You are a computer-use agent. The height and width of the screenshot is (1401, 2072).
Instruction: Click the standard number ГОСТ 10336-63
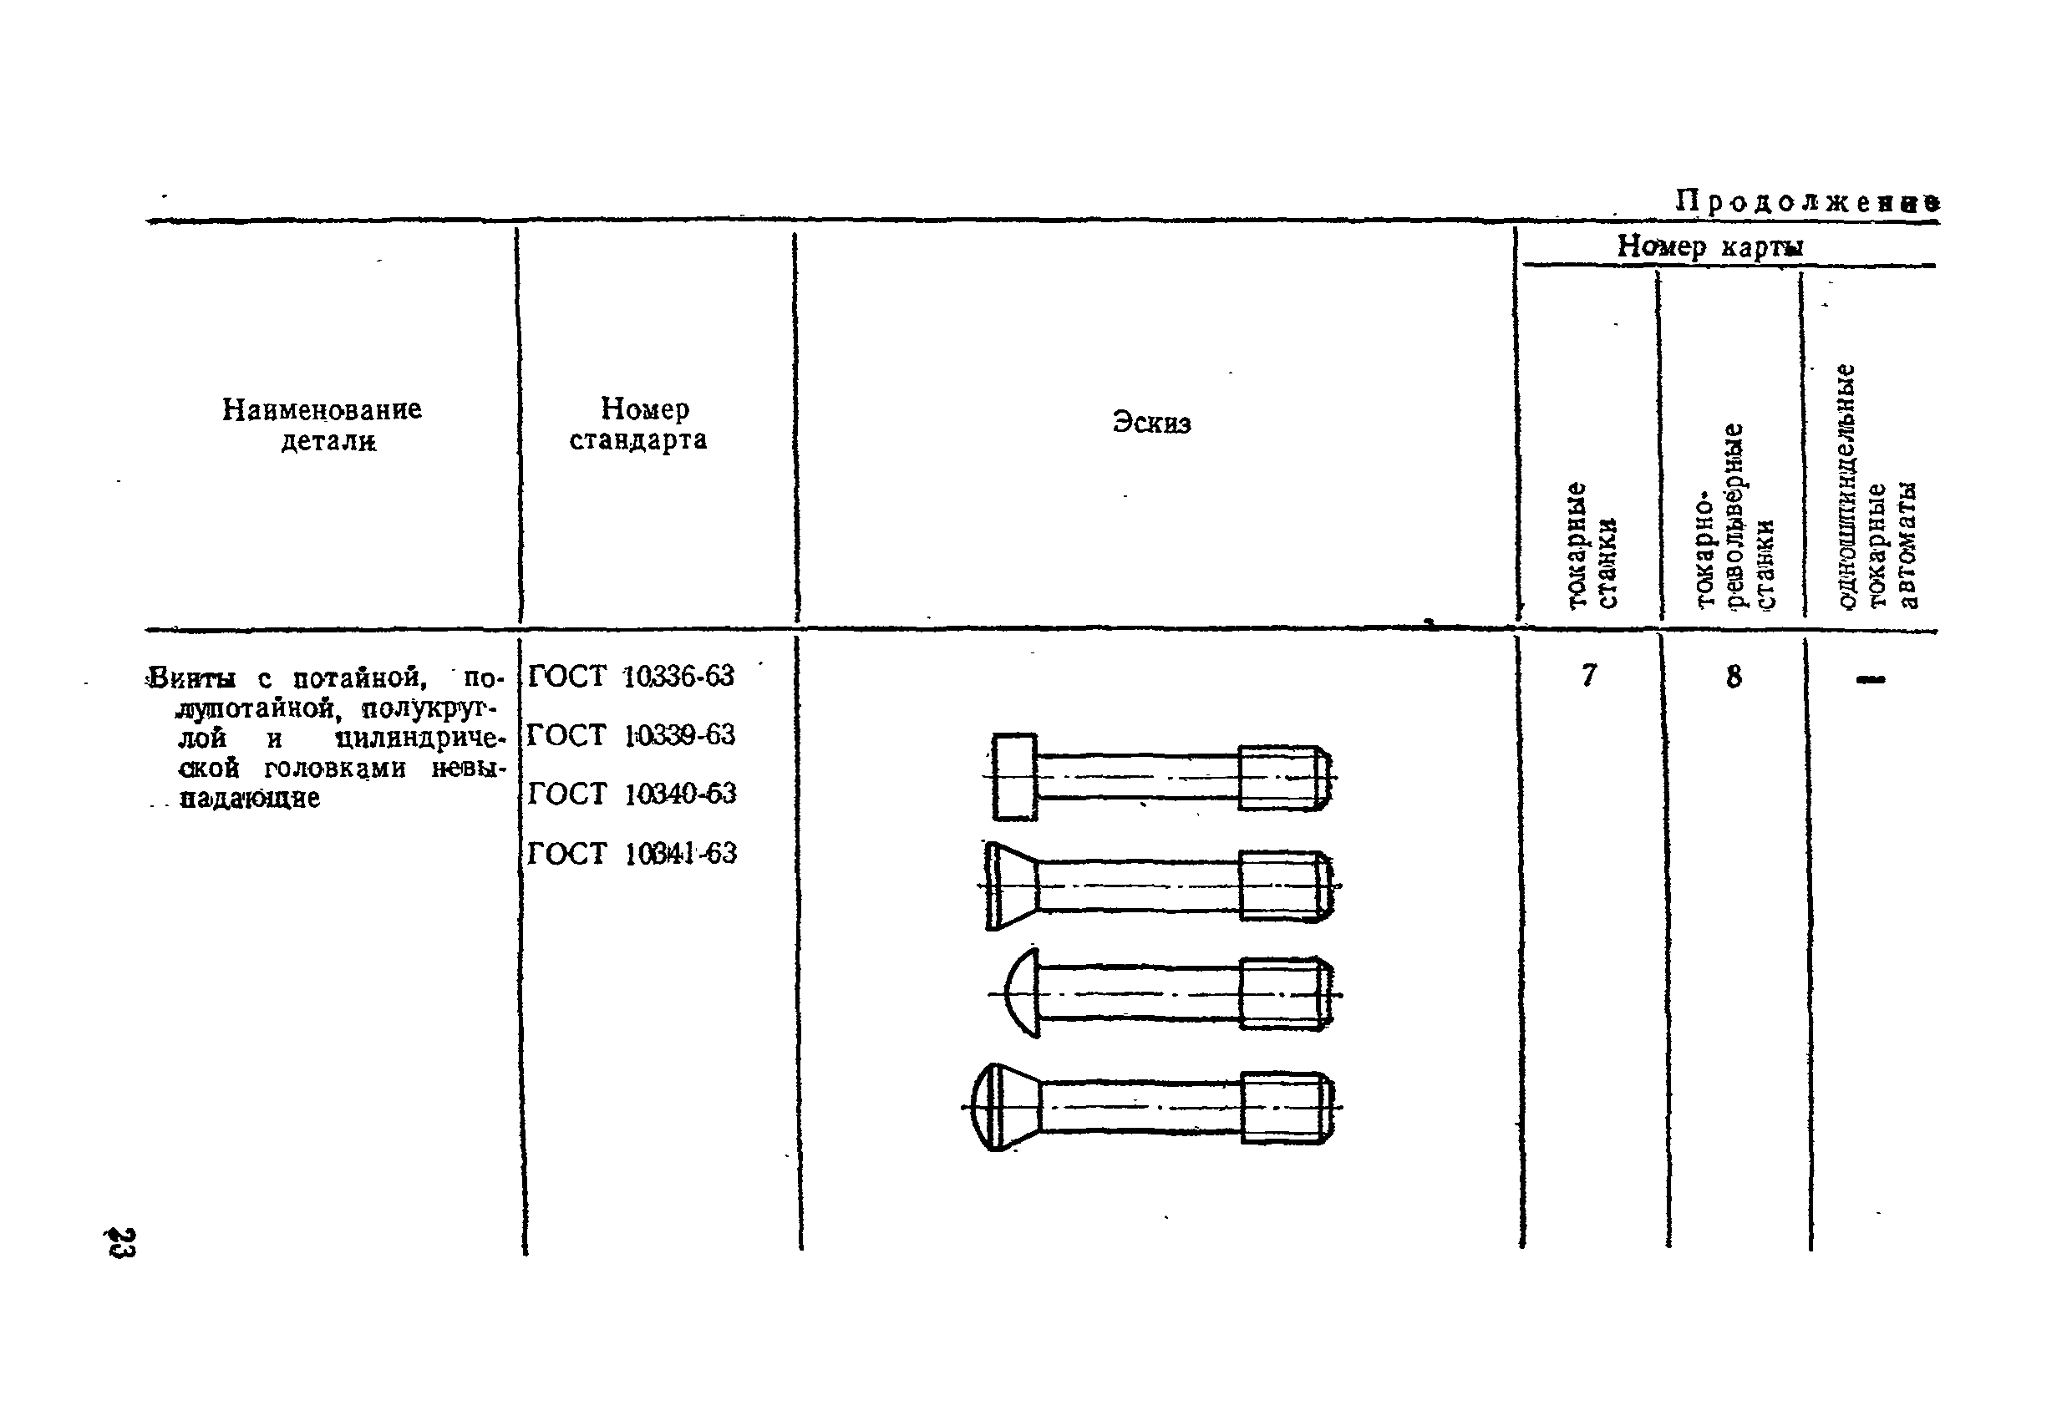(630, 677)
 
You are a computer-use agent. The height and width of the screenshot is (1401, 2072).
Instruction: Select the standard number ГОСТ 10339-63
(630, 735)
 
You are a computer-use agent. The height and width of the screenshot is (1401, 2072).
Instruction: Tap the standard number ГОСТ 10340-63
(632, 793)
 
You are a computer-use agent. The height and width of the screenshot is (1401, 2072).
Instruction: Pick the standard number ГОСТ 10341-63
(632, 853)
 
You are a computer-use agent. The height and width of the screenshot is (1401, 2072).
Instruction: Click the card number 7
(1588, 677)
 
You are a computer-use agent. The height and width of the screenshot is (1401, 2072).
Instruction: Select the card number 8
(1733, 678)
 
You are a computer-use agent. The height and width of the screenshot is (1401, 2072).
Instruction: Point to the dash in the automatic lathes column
(1870, 680)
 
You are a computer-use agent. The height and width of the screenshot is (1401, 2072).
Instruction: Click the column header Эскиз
(1151, 423)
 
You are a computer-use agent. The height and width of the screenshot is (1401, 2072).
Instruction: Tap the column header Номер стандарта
(639, 424)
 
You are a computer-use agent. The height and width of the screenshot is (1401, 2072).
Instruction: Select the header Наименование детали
(322, 425)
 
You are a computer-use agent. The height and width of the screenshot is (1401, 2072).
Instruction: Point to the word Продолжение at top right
(1806, 202)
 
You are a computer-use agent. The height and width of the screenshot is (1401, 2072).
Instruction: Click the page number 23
(121, 1242)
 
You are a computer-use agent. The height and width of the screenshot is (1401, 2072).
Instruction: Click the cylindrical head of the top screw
(1014, 776)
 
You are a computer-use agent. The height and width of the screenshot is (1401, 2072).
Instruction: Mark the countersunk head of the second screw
(1011, 885)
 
